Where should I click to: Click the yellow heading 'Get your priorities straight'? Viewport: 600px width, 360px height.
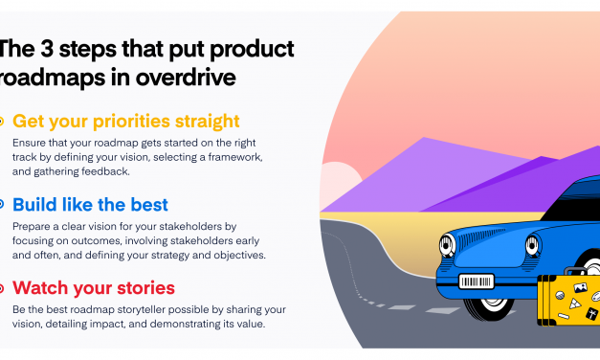[125, 121]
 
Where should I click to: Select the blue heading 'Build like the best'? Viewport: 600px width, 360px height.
[90, 204]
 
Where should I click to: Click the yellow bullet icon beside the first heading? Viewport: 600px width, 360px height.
[2, 122]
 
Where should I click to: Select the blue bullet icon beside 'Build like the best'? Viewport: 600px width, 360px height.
[2, 204]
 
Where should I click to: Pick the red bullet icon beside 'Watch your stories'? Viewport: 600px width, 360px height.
[2, 287]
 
